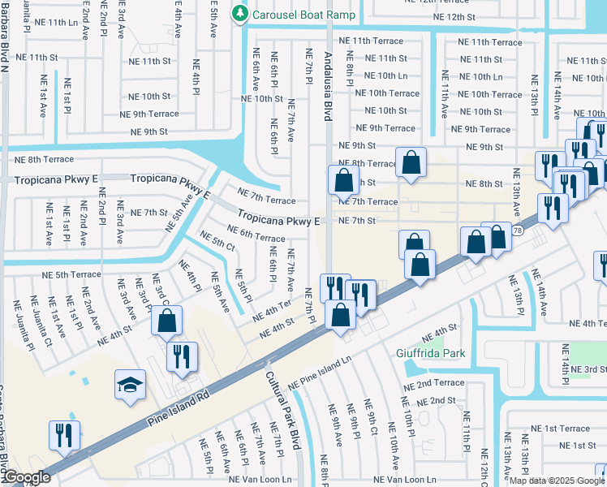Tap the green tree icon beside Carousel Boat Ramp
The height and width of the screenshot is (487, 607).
point(239,14)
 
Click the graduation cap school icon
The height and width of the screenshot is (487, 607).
point(130,386)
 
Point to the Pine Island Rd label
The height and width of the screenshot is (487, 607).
point(179,409)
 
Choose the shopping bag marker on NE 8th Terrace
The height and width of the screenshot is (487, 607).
point(411,161)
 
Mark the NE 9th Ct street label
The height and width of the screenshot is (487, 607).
point(370,420)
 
